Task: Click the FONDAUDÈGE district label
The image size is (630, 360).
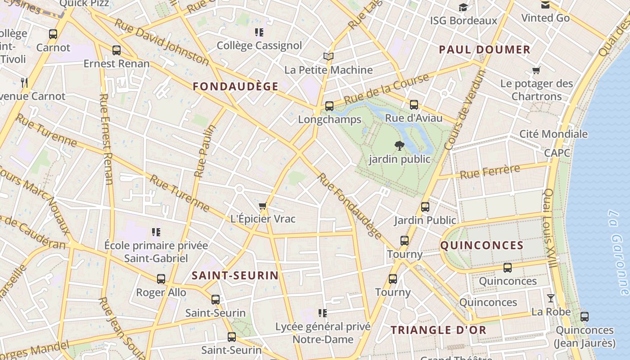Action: pos(236,86)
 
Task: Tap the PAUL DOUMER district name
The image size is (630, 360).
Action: pos(485,49)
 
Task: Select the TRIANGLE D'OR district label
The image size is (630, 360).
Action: pos(438,330)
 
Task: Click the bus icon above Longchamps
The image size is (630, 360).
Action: pos(329,106)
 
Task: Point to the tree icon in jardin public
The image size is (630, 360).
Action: pos(399,145)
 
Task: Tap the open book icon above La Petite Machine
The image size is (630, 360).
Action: pos(328,57)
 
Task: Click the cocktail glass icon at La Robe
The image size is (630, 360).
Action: pos(550,298)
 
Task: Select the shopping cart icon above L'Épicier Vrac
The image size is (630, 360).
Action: pos(263,206)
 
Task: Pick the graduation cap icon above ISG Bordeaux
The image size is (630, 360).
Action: pos(463,7)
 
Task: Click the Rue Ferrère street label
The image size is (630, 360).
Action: pos(490,171)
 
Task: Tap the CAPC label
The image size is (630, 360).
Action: pos(557,153)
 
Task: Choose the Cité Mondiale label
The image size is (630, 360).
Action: pos(553,134)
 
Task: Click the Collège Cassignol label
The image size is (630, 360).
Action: pos(259,45)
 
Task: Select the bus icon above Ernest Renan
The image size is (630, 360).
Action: pos(117,50)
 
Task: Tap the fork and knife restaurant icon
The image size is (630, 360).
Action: pos(24,82)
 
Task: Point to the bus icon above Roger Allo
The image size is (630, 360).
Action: pos(161,279)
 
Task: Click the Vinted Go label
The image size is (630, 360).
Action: pos(545,18)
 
